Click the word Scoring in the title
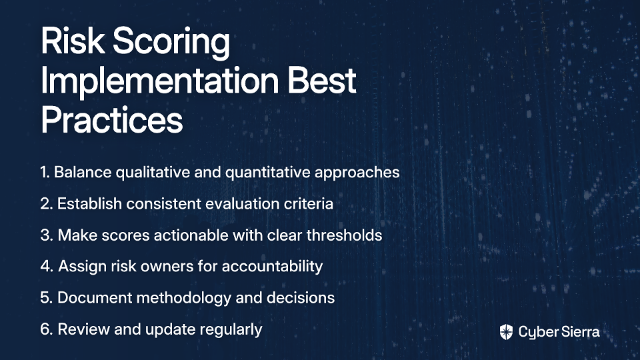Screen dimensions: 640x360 (x=171, y=41)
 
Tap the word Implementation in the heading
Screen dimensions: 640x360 (x=159, y=81)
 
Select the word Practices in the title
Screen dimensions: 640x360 (x=112, y=119)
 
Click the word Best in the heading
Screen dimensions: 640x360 (x=322, y=79)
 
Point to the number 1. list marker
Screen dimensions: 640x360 (x=45, y=172)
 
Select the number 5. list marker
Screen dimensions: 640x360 (x=47, y=297)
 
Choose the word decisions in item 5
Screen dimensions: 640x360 (x=301, y=297)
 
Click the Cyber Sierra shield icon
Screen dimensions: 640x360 (x=506, y=332)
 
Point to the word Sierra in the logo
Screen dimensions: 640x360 (x=579, y=332)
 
